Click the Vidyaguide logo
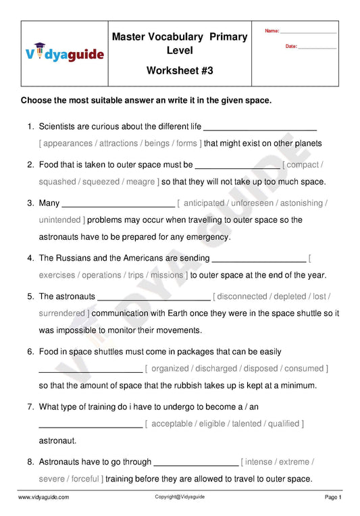click(x=65, y=53)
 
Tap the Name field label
click(x=272, y=31)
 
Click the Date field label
click(x=291, y=47)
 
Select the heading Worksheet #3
click(x=179, y=71)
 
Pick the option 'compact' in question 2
click(x=303, y=164)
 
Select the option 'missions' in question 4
click(x=167, y=275)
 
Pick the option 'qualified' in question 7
click(x=283, y=423)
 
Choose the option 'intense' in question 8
click(x=259, y=462)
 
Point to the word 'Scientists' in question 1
click(x=59, y=126)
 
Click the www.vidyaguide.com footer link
click(x=43, y=497)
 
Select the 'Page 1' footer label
click(x=333, y=497)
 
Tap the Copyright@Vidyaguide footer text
click(x=180, y=496)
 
